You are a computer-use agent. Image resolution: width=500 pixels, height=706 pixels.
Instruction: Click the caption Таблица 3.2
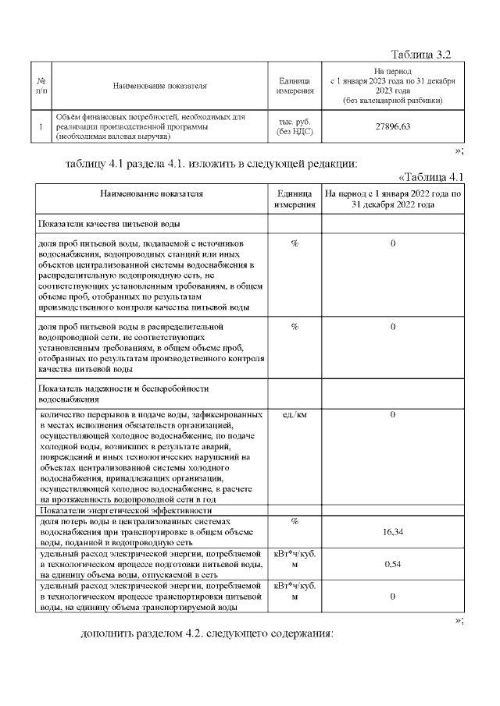[x=421, y=54]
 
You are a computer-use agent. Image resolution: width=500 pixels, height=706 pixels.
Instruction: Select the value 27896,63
[x=393, y=126]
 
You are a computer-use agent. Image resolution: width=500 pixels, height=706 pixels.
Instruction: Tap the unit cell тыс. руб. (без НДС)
[x=295, y=126]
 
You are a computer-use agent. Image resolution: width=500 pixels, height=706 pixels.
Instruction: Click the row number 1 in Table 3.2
[x=41, y=126]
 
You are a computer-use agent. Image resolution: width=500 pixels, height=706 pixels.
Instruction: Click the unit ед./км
[x=295, y=414]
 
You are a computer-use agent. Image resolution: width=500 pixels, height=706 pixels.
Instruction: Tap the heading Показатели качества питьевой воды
[x=110, y=225]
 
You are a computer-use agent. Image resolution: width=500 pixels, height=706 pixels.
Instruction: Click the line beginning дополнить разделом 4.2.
[x=207, y=632]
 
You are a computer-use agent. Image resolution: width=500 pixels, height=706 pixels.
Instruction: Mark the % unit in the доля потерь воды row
[x=295, y=520]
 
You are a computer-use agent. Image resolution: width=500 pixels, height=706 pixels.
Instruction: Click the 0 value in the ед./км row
[x=393, y=414]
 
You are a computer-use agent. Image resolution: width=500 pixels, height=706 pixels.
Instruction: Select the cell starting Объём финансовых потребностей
[x=148, y=126]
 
